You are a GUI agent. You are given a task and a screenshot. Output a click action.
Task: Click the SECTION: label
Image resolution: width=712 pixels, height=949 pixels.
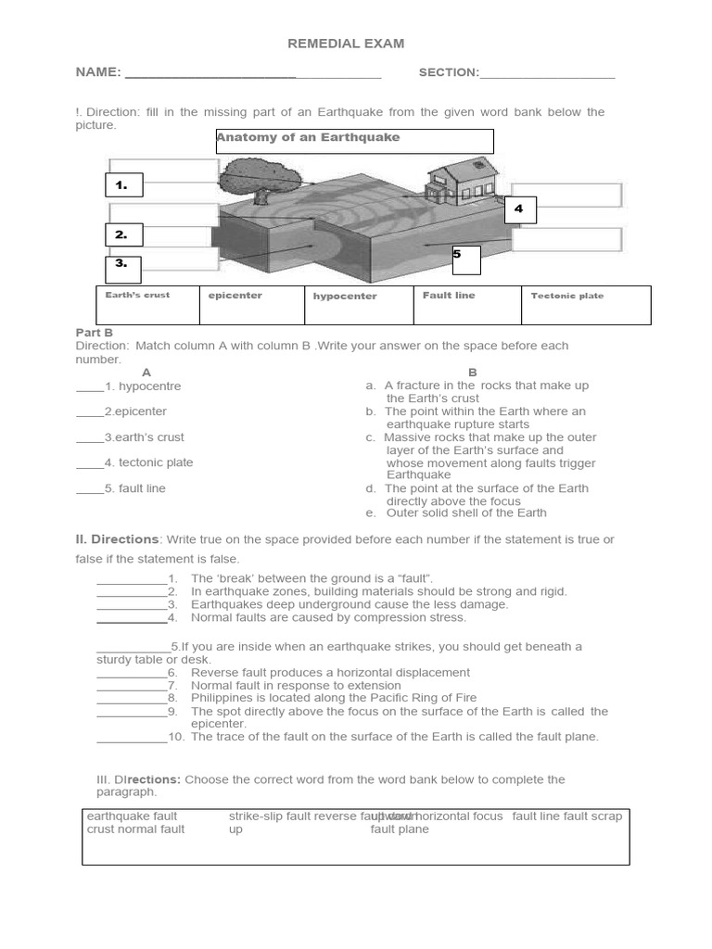(449, 72)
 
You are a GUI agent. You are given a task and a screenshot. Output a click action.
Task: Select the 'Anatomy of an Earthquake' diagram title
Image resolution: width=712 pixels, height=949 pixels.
(309, 138)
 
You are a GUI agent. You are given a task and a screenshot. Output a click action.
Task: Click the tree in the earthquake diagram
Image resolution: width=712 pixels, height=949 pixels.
(255, 175)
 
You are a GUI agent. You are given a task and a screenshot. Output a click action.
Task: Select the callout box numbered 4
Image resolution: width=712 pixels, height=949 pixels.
(520, 209)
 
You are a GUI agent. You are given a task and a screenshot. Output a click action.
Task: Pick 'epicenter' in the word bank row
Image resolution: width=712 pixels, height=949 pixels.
(235, 296)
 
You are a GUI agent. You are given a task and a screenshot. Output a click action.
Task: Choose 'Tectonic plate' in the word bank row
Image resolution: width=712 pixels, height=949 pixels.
(566, 296)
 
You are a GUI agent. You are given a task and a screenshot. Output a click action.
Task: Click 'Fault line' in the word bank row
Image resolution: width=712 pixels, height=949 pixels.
(449, 296)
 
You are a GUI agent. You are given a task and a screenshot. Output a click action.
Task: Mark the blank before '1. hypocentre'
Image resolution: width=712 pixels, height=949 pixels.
(89, 386)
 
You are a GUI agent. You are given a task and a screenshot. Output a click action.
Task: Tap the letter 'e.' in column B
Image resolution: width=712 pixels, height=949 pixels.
(371, 512)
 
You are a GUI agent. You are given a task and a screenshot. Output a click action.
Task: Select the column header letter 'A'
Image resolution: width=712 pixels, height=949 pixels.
(146, 372)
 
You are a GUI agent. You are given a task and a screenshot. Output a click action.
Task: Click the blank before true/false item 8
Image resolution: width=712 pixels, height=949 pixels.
(132, 698)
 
